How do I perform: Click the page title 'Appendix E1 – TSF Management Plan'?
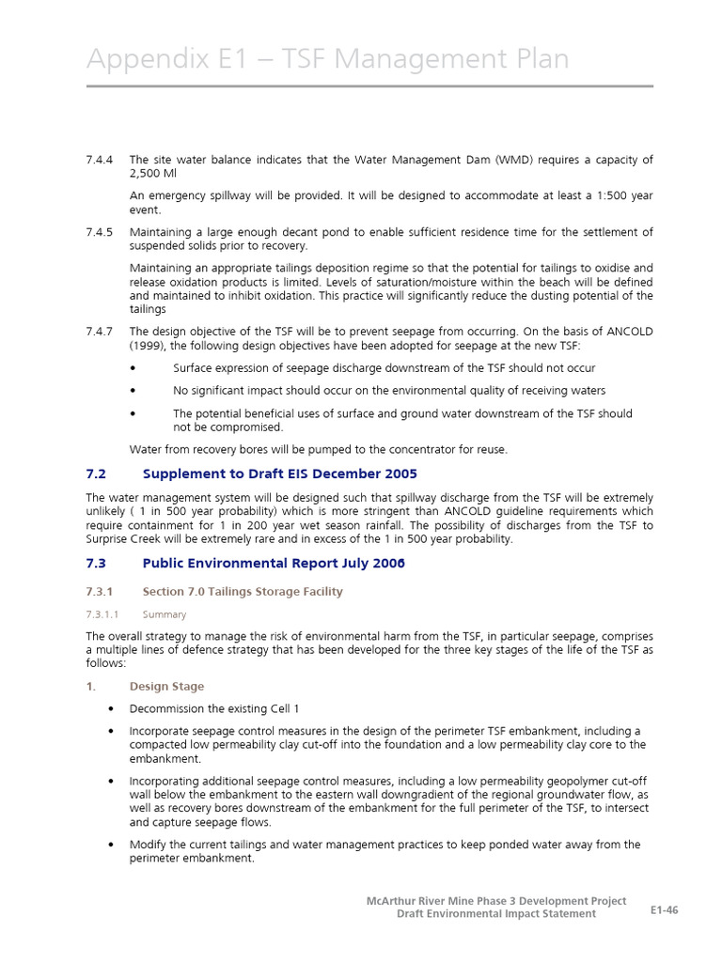(x=327, y=59)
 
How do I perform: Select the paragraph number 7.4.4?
(x=100, y=160)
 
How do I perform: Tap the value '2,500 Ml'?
(x=152, y=174)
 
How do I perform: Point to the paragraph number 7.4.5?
(x=100, y=232)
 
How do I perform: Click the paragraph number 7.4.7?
(x=100, y=332)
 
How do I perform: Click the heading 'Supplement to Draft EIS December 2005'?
(x=279, y=473)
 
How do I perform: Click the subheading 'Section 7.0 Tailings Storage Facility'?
(x=243, y=592)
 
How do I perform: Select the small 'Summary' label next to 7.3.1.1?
(x=165, y=614)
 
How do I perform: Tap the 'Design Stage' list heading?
(x=166, y=687)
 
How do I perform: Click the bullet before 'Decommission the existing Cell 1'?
(x=113, y=709)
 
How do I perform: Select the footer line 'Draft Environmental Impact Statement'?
(x=495, y=914)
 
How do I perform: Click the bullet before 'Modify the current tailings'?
(x=113, y=845)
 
